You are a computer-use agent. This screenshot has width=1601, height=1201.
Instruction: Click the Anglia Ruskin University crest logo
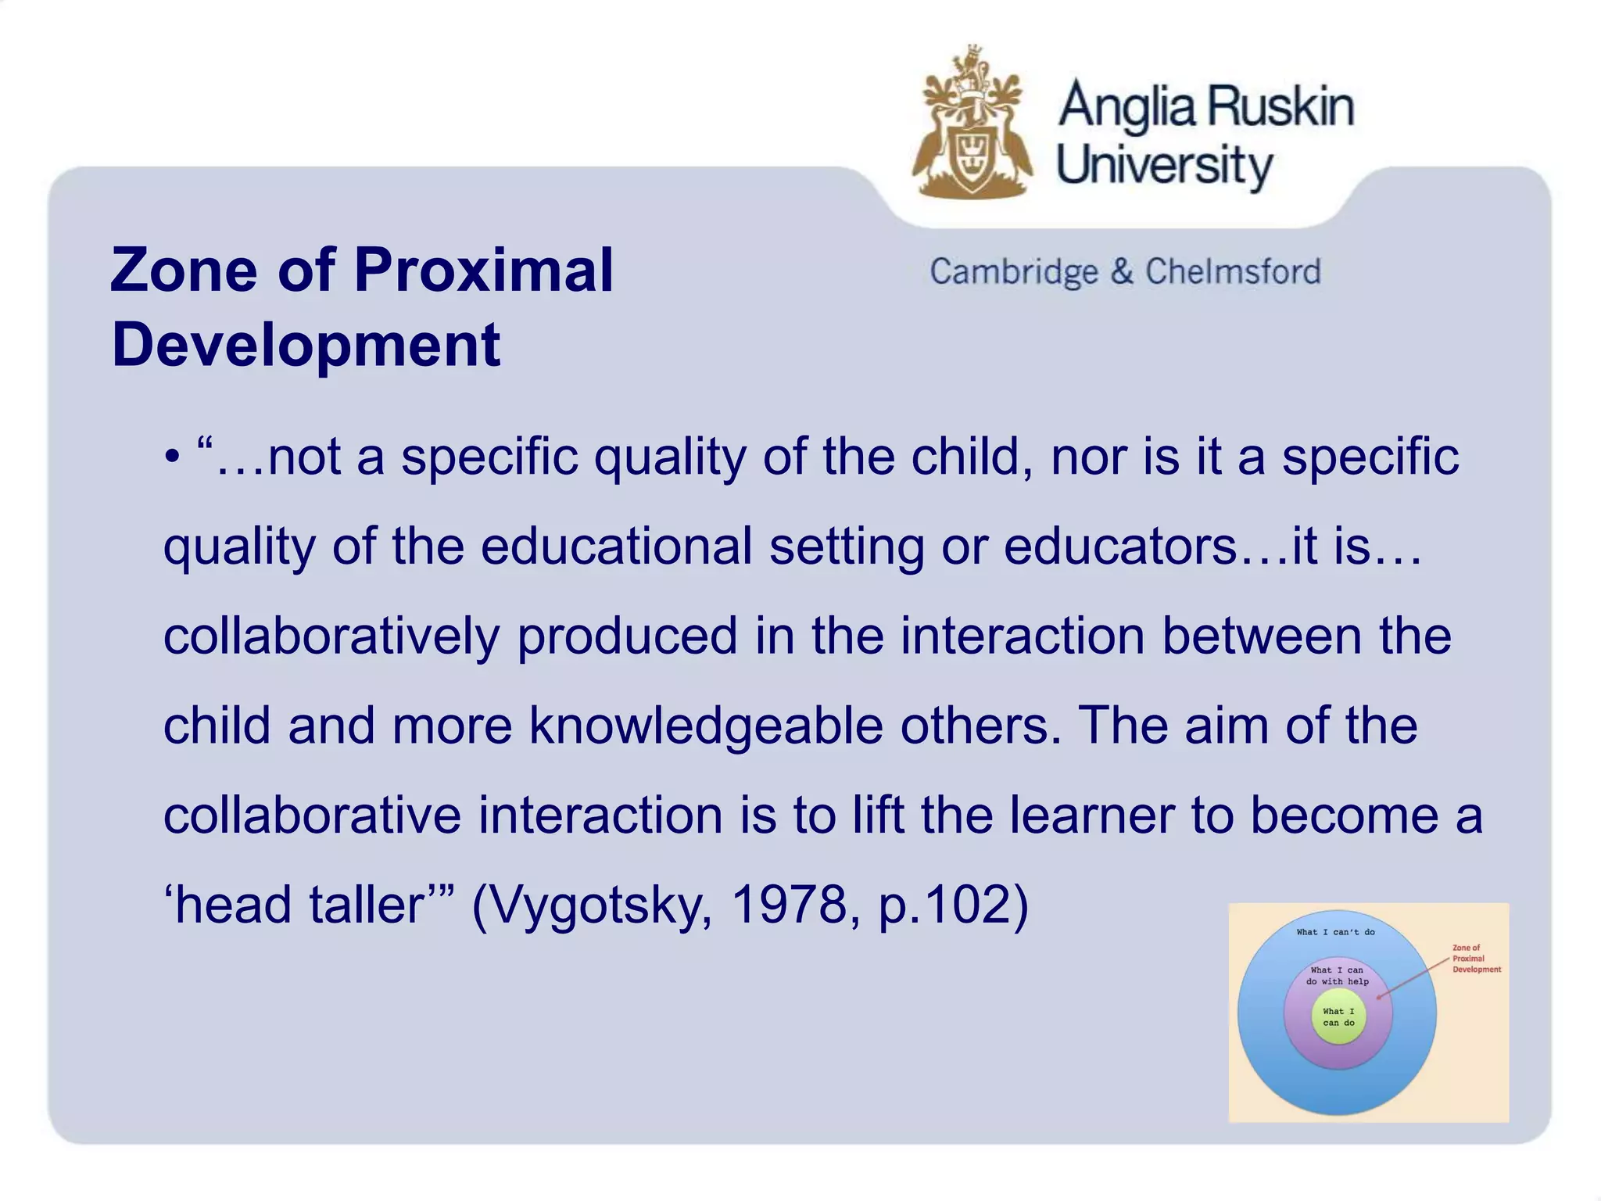[x=972, y=125]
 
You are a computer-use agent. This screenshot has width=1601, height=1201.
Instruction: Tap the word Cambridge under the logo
[x=1013, y=272]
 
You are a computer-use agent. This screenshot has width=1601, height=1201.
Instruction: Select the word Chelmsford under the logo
[x=1233, y=272]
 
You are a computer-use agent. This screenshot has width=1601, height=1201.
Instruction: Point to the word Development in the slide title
[x=306, y=345]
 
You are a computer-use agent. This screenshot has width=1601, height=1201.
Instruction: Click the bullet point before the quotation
[x=171, y=457]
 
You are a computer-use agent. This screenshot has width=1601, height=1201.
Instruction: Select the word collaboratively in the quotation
[x=331, y=636]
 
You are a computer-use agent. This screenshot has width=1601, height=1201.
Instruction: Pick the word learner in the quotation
[x=1091, y=815]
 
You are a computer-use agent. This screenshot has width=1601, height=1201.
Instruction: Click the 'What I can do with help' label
[x=1338, y=976]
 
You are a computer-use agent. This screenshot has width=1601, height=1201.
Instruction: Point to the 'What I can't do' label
[x=1335, y=932]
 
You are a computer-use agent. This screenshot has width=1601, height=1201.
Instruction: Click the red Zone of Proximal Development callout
[x=1476, y=959]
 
